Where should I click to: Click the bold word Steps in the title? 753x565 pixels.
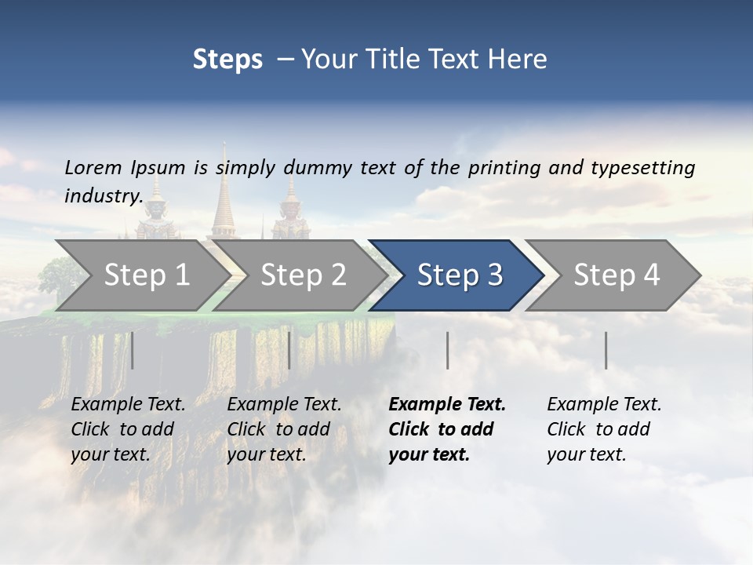pyautogui.click(x=227, y=60)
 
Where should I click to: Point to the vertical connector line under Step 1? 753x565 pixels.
pyautogui.click(x=133, y=350)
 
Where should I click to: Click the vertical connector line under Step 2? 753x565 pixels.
pyautogui.click(x=289, y=350)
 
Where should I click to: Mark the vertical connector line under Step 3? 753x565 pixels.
pyautogui.click(x=447, y=350)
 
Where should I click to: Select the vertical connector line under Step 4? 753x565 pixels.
pyautogui.click(x=606, y=350)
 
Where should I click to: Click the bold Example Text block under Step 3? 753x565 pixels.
pyautogui.click(x=447, y=429)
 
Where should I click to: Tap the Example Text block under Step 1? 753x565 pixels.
pyautogui.click(x=128, y=429)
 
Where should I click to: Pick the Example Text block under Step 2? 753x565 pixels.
pyautogui.click(x=284, y=429)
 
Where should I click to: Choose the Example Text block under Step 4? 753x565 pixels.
pyautogui.click(x=604, y=429)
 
